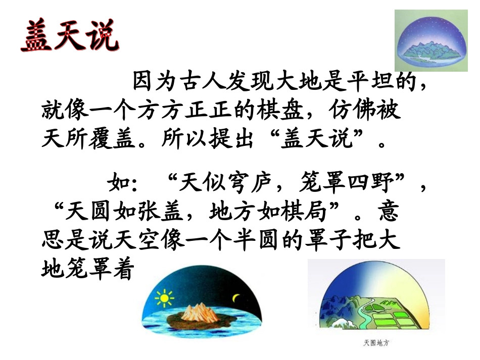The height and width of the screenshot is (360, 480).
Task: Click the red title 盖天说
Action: click(70, 36)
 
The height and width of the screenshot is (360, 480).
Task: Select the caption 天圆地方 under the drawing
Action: click(376, 343)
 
